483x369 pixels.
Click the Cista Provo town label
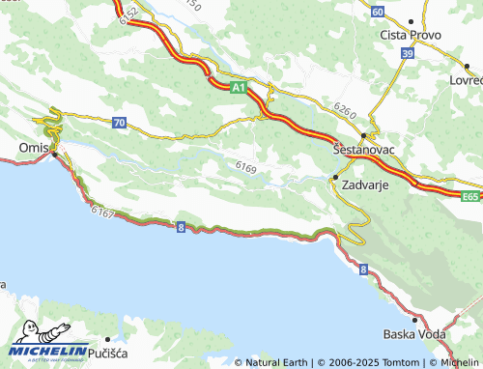click(411, 35)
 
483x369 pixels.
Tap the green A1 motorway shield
click(238, 88)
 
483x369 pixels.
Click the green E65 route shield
click(469, 196)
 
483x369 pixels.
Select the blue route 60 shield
click(377, 11)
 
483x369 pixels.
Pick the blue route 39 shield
click(408, 54)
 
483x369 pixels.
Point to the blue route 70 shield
click(118, 122)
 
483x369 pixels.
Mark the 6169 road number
click(245, 168)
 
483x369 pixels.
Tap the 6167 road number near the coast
click(103, 209)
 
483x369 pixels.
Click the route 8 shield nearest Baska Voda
click(363, 270)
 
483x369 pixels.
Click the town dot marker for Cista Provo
click(411, 20)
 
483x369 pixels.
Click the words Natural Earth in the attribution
click(278, 362)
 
